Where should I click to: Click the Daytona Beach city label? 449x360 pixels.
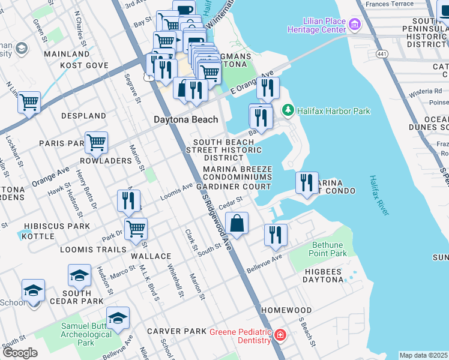(186, 119)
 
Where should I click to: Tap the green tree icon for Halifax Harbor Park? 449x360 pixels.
(288, 111)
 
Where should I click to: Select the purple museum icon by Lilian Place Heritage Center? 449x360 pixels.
(355, 24)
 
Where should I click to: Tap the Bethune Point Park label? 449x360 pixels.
(330, 249)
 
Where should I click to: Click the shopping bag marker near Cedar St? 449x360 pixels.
(237, 224)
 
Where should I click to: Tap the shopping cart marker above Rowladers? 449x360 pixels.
(96, 143)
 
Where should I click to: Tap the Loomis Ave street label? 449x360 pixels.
(176, 191)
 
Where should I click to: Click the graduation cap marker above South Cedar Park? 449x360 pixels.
(79, 276)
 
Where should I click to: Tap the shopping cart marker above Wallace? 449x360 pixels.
(137, 229)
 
